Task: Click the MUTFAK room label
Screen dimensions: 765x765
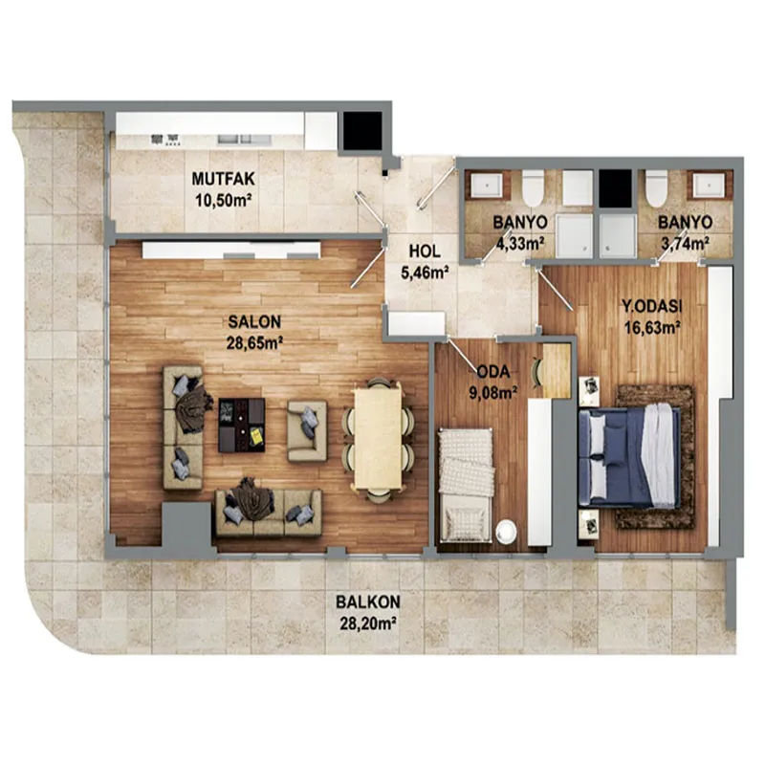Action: [223, 179]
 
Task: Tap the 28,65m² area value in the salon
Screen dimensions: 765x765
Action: [254, 343]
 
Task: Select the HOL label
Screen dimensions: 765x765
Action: [425, 251]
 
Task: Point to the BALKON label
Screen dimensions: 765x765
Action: [368, 601]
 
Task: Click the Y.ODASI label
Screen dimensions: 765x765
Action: [651, 306]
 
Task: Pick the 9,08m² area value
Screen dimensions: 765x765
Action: [493, 392]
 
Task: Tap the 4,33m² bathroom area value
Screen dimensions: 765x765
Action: [520, 243]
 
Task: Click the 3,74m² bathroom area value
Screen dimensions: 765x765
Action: [685, 243]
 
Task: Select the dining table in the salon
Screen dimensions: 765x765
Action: [378, 437]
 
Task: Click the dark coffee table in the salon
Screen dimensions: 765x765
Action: [242, 425]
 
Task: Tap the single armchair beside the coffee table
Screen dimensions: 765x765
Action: [307, 431]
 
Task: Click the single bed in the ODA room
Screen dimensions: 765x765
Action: [466, 485]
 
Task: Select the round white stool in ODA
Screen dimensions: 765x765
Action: [507, 531]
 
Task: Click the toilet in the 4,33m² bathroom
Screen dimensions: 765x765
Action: [533, 187]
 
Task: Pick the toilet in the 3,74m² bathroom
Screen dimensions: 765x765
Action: [656, 187]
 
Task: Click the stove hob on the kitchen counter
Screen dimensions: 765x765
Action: [165, 140]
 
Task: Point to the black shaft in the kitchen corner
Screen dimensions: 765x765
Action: [362, 130]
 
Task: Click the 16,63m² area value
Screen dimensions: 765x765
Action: [653, 327]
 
